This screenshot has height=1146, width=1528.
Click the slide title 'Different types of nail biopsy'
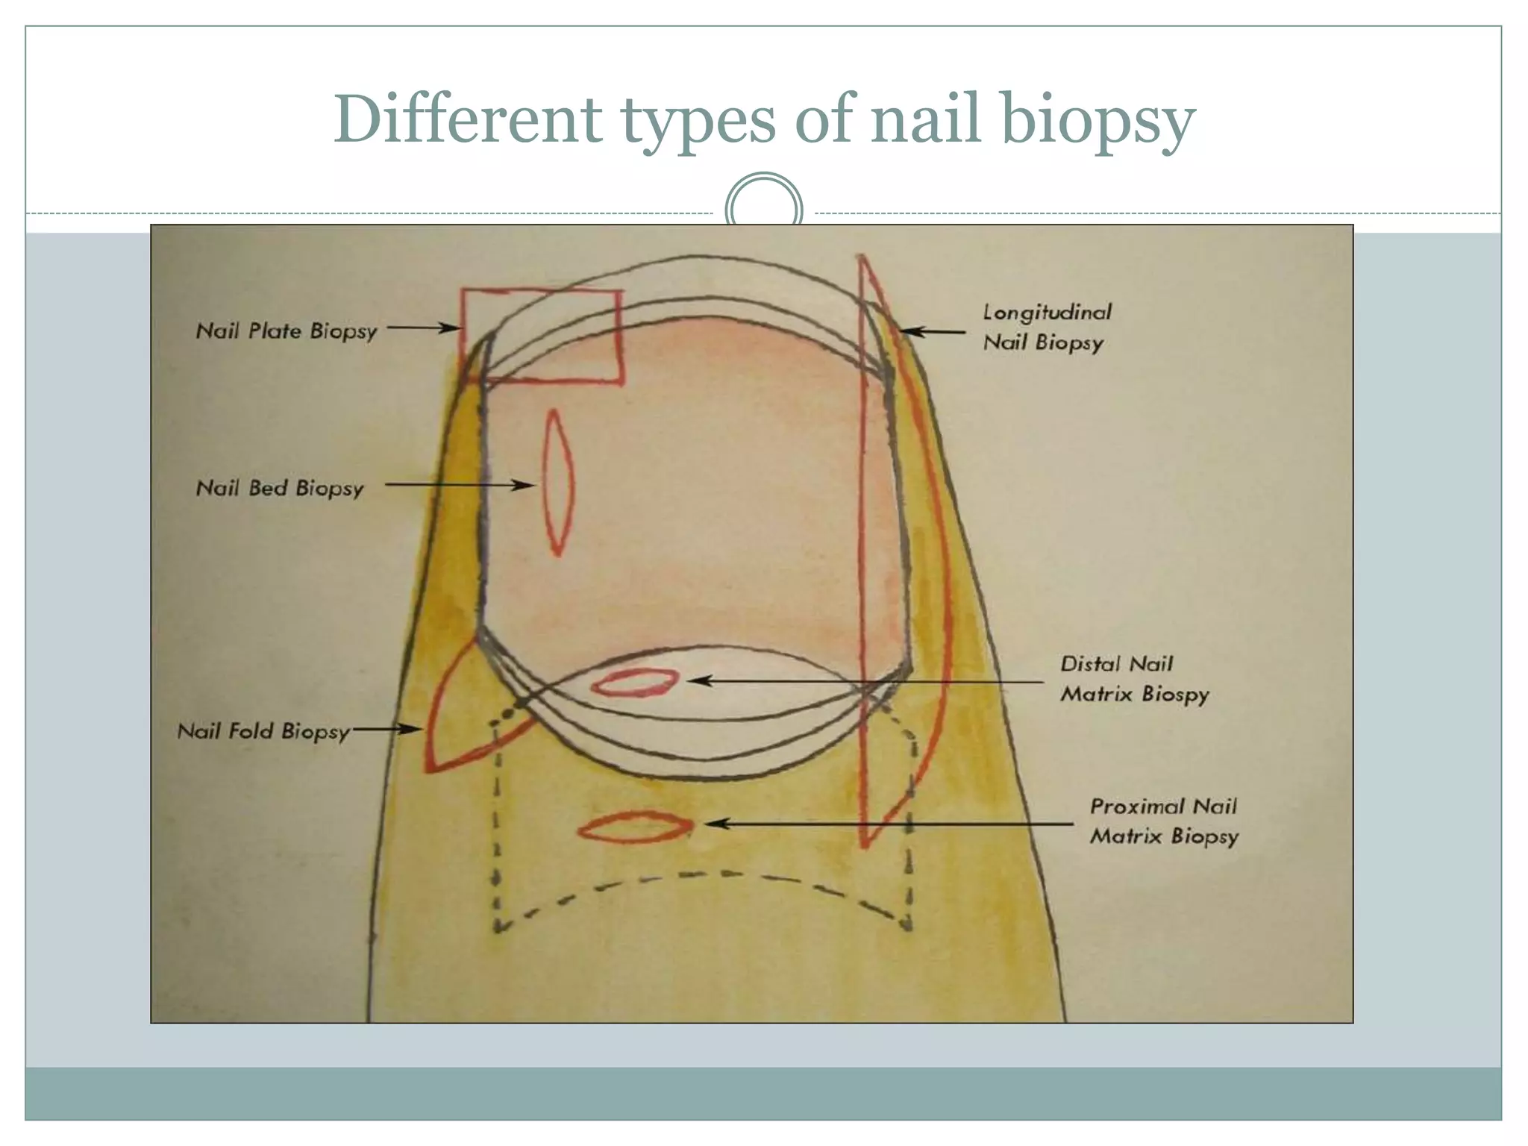click(764, 120)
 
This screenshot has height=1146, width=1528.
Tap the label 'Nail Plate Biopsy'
click(286, 331)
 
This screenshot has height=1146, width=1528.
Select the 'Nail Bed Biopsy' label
click(280, 488)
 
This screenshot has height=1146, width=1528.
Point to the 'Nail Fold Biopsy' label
click(263, 731)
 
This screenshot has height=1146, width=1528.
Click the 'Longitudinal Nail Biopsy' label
click(1046, 327)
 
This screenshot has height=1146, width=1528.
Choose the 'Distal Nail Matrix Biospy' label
click(1134, 679)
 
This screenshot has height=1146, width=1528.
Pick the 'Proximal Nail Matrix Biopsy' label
click(1164, 821)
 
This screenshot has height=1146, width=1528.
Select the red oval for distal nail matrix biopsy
click(635, 682)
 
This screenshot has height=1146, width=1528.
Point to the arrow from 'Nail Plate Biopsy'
click(422, 328)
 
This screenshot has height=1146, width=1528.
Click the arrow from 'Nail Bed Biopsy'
click(460, 485)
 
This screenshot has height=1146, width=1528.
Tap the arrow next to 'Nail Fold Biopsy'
click(388, 729)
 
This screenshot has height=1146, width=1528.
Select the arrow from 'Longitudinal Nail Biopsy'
click(933, 331)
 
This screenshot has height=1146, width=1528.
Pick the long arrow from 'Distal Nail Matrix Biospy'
click(865, 681)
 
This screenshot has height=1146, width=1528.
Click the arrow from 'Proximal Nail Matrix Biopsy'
click(888, 824)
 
